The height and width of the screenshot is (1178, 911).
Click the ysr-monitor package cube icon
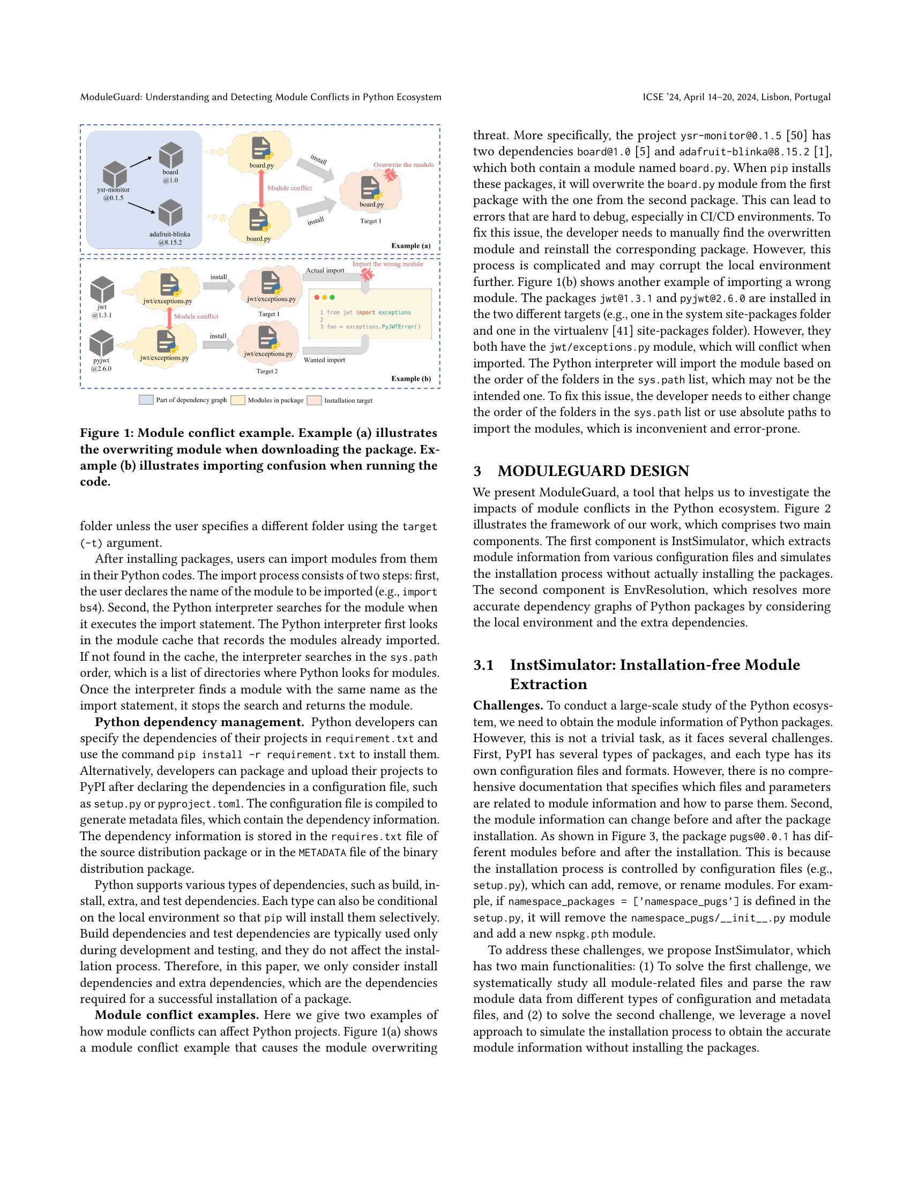pyautogui.click(x=115, y=174)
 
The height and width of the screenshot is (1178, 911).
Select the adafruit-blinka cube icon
pyautogui.click(x=170, y=213)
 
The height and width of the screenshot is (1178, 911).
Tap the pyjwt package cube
pyautogui.click(x=101, y=344)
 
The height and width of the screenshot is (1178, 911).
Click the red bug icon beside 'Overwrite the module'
pyautogui.click(x=391, y=174)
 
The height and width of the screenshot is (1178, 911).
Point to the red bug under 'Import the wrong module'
pyautogui.click(x=368, y=274)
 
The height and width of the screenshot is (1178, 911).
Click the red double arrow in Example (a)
pyautogui.click(x=262, y=188)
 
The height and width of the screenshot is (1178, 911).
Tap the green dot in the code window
pyautogui.click(x=332, y=297)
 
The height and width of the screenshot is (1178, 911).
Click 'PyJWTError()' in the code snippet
pyautogui.click(x=400, y=326)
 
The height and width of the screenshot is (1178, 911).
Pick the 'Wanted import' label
pyautogui.click(x=324, y=360)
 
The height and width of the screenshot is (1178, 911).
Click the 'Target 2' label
pyautogui.click(x=267, y=371)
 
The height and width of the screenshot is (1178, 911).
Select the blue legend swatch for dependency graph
pyautogui.click(x=146, y=400)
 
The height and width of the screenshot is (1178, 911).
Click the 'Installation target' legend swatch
pyautogui.click(x=314, y=400)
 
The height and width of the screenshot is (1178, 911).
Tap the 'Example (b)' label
pyautogui.click(x=410, y=378)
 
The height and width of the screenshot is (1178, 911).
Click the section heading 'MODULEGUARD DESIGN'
pyautogui.click(x=593, y=471)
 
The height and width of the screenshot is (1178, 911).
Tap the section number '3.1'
pyautogui.click(x=483, y=664)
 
